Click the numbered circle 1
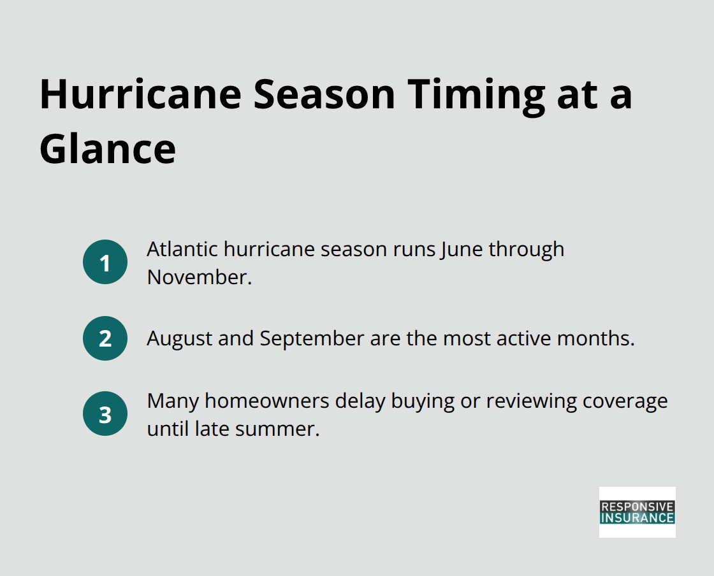105,262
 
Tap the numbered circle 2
105,338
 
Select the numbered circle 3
105,414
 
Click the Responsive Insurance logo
637,512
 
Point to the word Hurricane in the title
140,94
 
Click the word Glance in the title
108,149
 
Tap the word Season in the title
324,94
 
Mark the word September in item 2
312,338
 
